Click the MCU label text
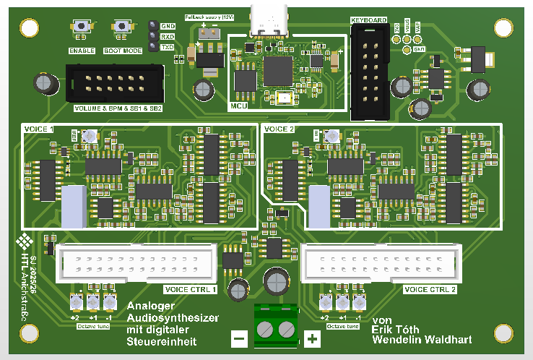(x=239, y=106)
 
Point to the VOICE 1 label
(x=40, y=129)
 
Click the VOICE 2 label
(x=280, y=129)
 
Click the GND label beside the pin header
(x=168, y=25)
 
